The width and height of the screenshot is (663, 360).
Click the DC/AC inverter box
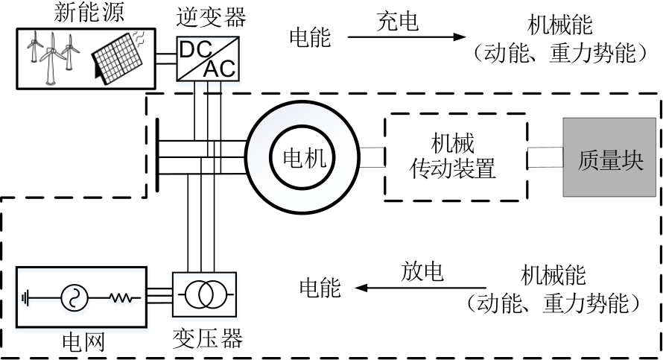click(x=206, y=59)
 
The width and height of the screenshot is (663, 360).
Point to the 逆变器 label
click(x=206, y=16)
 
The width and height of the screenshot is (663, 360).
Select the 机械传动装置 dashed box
click(x=454, y=157)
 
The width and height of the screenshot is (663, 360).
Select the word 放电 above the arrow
click(x=422, y=271)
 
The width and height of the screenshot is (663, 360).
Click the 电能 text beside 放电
click(x=320, y=288)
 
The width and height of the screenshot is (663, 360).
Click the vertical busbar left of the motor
click(x=158, y=157)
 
